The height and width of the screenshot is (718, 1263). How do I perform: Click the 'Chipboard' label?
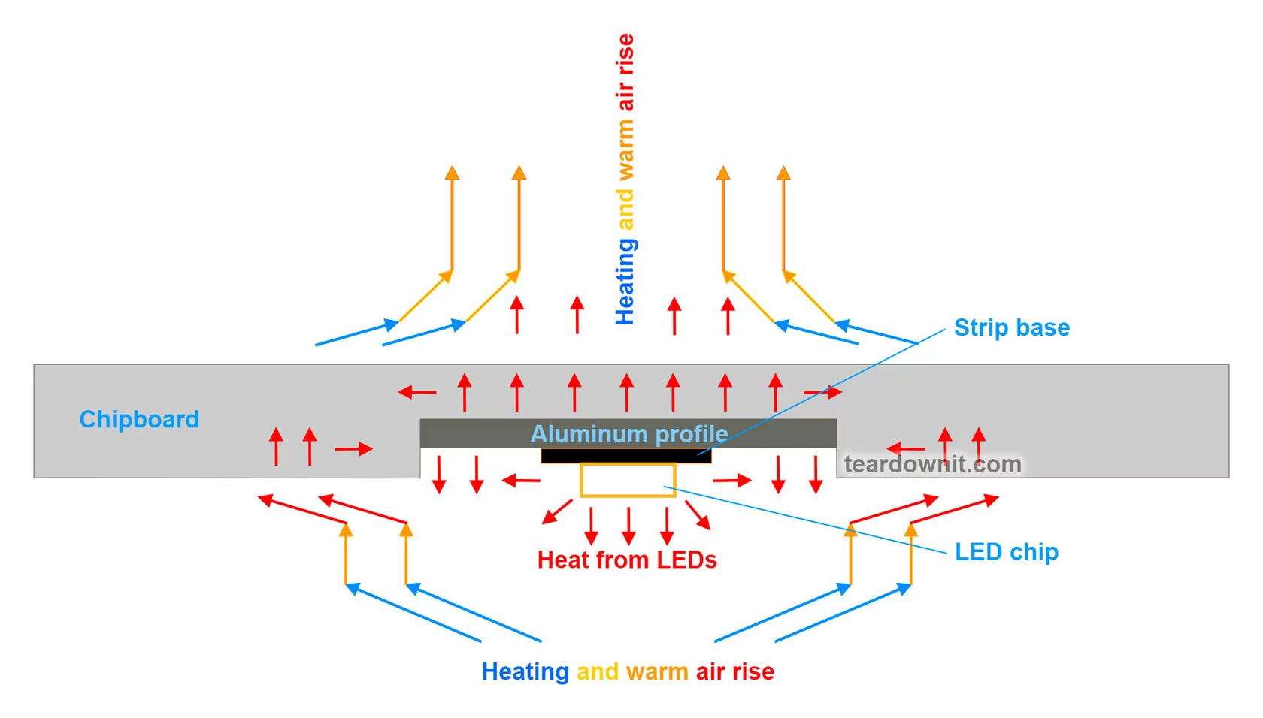[139, 419]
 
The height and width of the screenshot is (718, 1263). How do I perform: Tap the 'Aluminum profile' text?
[629, 434]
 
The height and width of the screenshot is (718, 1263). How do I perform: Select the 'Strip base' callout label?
[1011, 327]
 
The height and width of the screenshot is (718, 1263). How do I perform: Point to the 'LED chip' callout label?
[1006, 552]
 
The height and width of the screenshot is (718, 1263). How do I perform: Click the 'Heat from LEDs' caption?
[627, 560]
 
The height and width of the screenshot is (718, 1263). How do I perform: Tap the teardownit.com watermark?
[932, 464]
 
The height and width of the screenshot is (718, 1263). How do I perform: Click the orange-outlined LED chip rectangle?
[628, 481]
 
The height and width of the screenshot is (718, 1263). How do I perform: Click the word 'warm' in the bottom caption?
[656, 671]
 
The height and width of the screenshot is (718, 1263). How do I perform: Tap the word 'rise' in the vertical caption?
[625, 53]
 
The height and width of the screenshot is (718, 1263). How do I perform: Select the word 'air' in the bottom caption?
[710, 671]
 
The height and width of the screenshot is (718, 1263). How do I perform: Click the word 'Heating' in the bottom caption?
[525, 671]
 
